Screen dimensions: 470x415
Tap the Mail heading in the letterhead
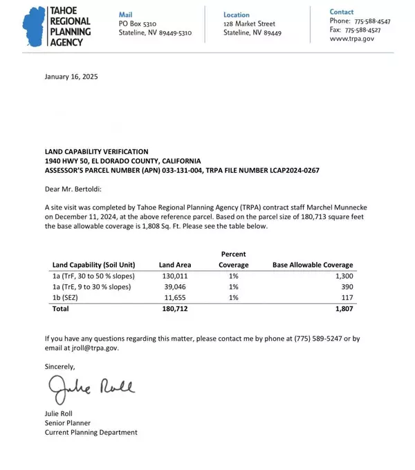125,14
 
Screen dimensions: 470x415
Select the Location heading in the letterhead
237,14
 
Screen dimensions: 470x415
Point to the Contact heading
342,12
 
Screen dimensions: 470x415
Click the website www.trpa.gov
352,39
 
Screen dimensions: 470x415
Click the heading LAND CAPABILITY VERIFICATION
96,151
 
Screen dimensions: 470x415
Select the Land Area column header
175,265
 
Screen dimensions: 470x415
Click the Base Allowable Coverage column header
313,265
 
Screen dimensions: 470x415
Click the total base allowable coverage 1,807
343,308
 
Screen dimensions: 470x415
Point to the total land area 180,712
173,308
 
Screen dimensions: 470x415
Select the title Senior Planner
68,423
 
